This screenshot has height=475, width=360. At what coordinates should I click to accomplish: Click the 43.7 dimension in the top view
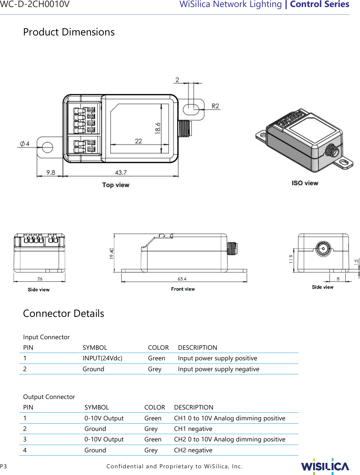pos(121,172)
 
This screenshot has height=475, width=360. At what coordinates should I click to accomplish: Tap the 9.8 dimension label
pos(51,172)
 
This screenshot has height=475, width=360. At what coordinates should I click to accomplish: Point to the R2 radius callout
pos(215,106)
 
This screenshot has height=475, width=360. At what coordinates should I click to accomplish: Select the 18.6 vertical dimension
pos(158,128)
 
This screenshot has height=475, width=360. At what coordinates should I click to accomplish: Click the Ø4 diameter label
pos(25,144)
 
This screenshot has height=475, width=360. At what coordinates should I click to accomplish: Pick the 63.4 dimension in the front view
pos(182,279)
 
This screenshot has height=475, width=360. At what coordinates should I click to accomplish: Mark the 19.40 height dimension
pos(111,253)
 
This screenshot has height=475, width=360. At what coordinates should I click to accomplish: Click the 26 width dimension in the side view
pos(40,279)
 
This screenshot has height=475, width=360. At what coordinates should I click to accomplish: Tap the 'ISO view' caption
pos(304,183)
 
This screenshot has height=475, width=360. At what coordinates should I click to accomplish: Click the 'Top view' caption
pos(116,185)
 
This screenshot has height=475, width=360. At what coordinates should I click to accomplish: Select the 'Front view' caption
pos(183,289)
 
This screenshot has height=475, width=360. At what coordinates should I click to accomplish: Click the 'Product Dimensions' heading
pos(69,32)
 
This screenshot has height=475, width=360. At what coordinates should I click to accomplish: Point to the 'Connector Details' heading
pos(64,313)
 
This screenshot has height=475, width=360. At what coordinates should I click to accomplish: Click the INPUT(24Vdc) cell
pos(102,358)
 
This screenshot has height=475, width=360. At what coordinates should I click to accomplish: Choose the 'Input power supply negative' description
pos(218,369)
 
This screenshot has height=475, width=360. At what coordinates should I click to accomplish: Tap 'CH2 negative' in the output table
pos(193,450)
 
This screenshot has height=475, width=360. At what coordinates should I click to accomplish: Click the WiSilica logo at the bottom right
pos(325,466)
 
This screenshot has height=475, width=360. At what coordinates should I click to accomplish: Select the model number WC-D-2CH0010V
pos(35,4)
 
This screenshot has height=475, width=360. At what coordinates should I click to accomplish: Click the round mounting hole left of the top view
pos(47,147)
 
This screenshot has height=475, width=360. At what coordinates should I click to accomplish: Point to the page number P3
pos(4,466)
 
